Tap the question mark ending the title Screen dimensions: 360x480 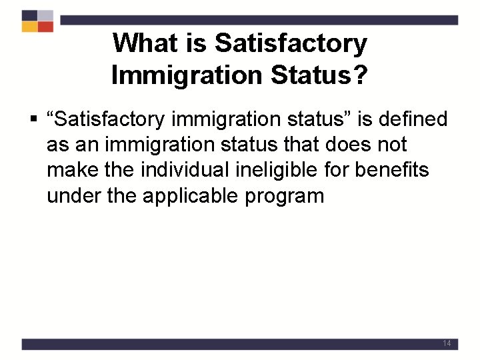coord(359,75)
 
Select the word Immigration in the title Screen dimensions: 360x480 coord(186,75)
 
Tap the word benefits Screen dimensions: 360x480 coord(392,171)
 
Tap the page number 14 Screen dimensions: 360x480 coord(447,343)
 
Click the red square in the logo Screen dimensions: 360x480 coord(45,27)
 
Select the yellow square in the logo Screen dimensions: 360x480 coord(29,27)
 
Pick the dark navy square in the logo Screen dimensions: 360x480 coord(29,15)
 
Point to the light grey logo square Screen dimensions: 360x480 coord(45,15)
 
